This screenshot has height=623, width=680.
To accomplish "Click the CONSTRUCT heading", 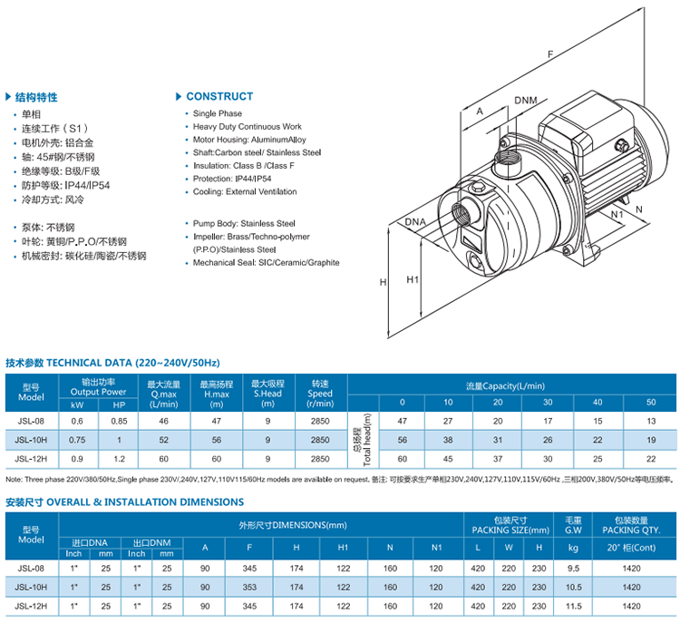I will pos(219,96).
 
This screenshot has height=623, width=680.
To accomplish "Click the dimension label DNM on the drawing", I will pos(525,100).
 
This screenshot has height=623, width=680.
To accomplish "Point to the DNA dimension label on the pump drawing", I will pos(415,222).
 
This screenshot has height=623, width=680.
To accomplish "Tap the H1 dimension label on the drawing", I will pos(413,279).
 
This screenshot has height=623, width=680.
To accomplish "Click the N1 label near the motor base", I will pos(617,214).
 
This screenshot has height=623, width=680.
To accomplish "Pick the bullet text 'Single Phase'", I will pos(218,113).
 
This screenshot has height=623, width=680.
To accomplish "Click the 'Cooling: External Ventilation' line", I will pos(245,191).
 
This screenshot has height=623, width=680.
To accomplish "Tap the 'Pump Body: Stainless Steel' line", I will pos(244,222).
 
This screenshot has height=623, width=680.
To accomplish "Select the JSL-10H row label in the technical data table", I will pos(31,440).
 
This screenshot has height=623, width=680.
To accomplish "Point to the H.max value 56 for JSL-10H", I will pos(217,440).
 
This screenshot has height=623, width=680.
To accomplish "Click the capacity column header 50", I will pos(651,402).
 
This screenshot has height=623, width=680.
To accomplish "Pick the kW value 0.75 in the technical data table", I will pos(77,440).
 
